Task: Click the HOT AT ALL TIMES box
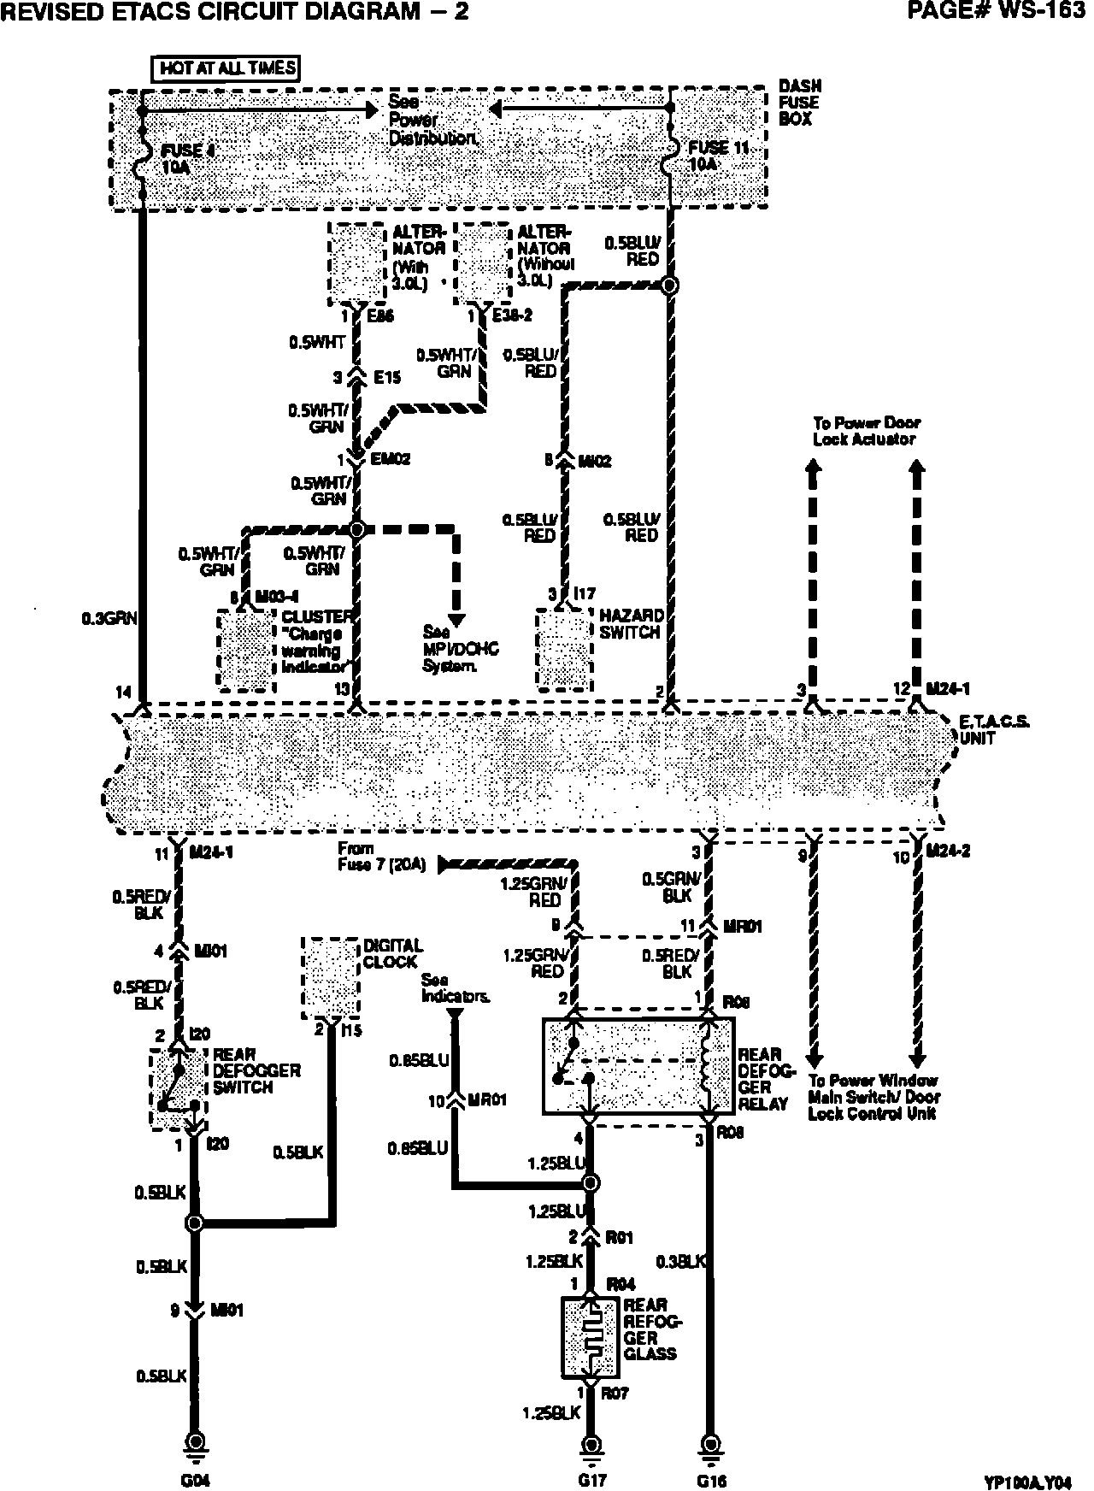(226, 68)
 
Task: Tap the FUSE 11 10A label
(718, 156)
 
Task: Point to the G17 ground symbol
(590, 1444)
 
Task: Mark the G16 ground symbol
(709, 1444)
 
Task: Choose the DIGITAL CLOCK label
(393, 953)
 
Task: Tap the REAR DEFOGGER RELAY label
(767, 1079)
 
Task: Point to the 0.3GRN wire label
(109, 616)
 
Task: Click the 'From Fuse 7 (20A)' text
(381, 856)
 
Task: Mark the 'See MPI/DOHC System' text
(460, 648)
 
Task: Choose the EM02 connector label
(391, 459)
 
